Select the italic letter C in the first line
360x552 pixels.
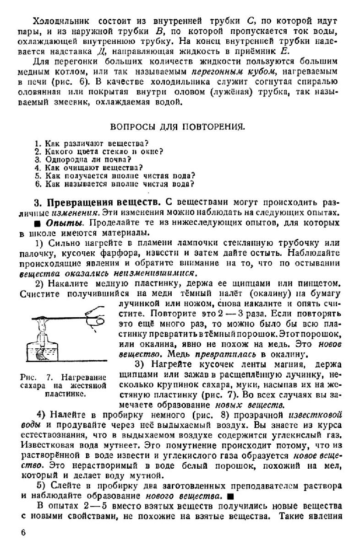254,21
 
